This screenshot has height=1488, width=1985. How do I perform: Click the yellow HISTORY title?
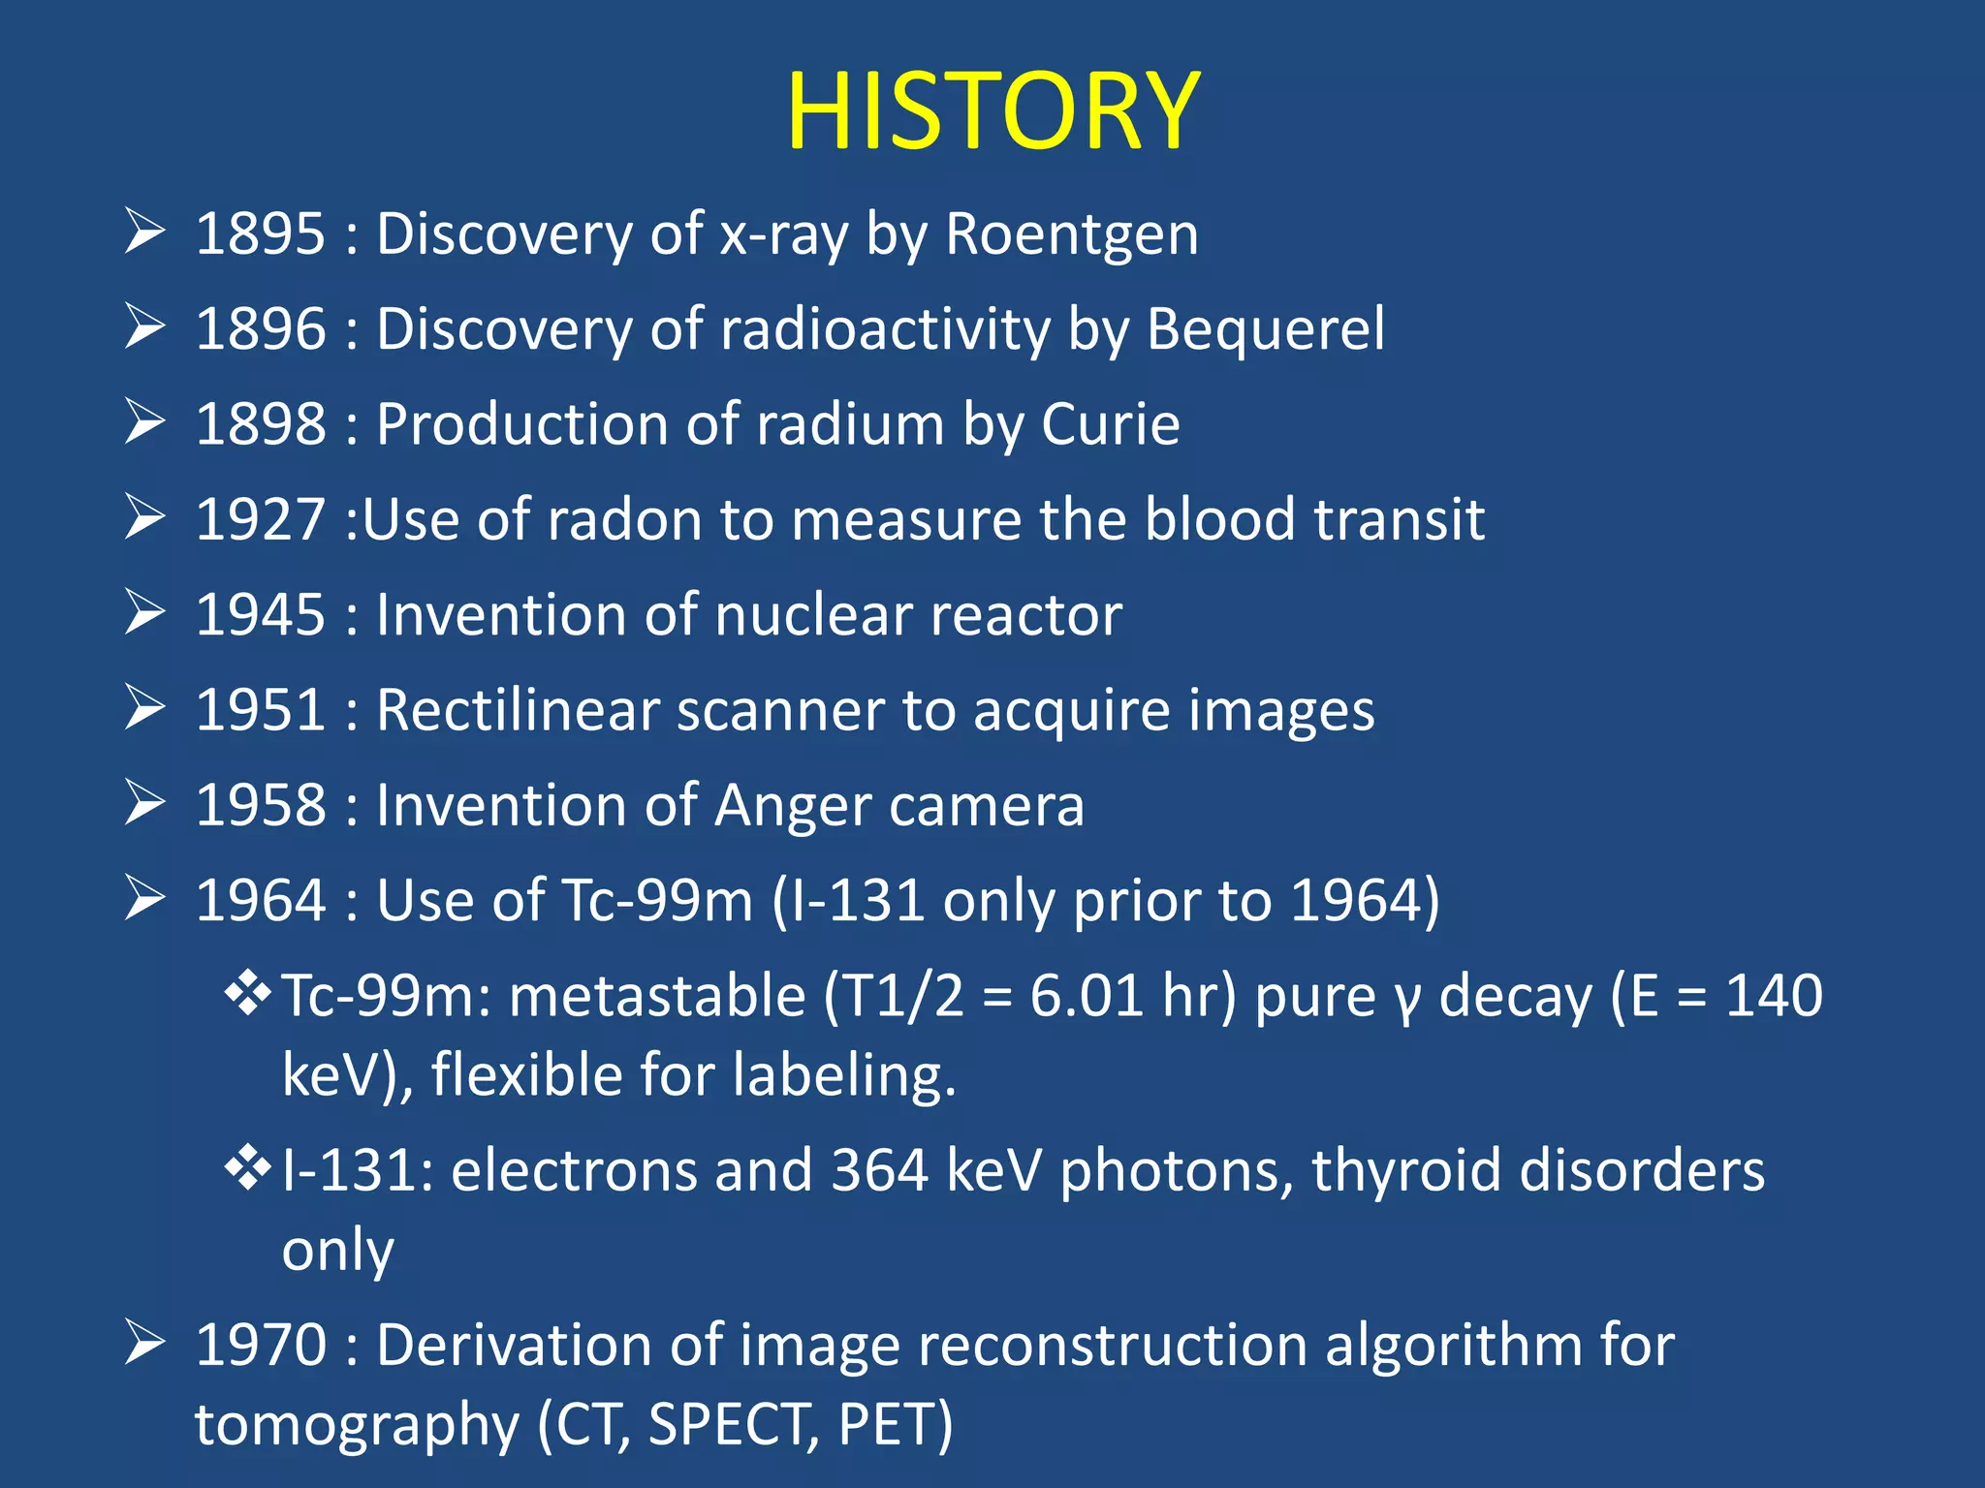[992, 111]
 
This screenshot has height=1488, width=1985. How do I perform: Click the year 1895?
[260, 234]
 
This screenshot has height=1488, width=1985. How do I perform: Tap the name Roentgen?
[1071, 234]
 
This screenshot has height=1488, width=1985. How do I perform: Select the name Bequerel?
[1265, 329]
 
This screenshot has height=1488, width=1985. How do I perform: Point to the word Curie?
[1110, 424]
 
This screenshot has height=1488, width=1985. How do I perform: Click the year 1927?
[260, 519]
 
